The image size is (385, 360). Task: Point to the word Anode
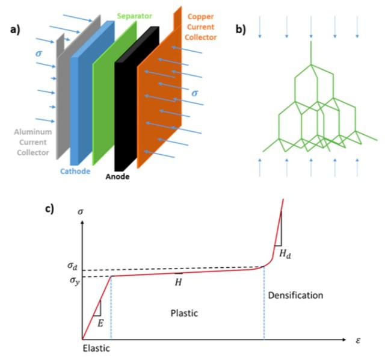[x=115, y=178]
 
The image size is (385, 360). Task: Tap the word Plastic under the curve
[x=184, y=313]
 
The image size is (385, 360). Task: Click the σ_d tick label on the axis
[x=72, y=266]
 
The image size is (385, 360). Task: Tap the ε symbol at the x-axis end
[x=357, y=340]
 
